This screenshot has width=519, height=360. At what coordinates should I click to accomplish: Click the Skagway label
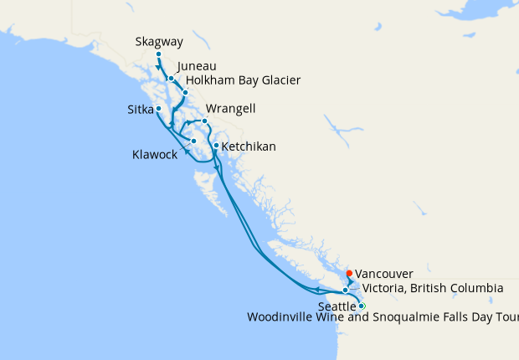pos(158,41)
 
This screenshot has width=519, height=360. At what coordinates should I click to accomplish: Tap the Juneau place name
pos(197,66)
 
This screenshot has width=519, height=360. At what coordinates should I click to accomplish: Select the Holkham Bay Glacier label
pos(243,80)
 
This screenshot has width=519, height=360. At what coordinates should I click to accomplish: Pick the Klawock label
pos(155,154)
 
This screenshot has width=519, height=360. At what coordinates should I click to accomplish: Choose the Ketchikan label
pos(249,147)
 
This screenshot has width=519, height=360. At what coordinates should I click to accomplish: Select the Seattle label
pos(337,306)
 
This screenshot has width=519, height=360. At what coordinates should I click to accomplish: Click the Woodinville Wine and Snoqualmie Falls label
pos(383,317)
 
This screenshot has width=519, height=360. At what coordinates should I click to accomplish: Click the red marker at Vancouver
pos(349,273)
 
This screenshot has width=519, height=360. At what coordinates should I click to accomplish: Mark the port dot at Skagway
pos(158,54)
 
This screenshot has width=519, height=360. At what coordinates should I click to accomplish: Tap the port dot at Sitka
pos(158,108)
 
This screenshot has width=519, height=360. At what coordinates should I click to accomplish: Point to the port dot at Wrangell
pos(204,121)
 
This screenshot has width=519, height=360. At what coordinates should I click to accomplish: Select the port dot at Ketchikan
pos(216,147)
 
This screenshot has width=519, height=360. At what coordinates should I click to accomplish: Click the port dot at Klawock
pos(193,141)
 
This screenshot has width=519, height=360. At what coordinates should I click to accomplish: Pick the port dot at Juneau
pos(171,79)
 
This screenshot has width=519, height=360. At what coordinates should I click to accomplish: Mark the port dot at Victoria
pos(346,291)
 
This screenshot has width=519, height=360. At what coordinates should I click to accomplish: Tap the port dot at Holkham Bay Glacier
pos(185,92)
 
